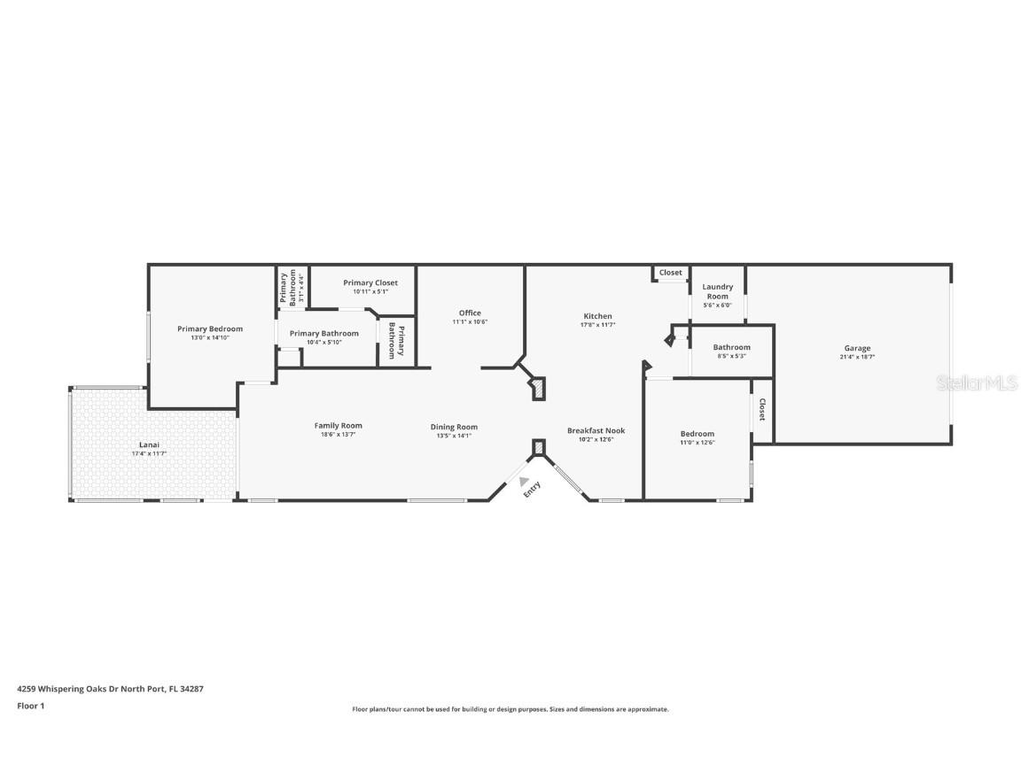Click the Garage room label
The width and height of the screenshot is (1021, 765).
click(x=856, y=348)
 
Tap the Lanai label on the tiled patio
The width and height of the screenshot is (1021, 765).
click(x=148, y=444)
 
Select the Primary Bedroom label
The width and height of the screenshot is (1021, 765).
click(x=209, y=328)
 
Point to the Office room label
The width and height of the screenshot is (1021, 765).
click(x=470, y=313)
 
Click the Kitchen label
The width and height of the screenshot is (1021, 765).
click(x=597, y=316)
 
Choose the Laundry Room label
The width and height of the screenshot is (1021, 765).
click(x=717, y=291)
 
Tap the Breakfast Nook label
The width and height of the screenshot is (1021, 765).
click(x=596, y=430)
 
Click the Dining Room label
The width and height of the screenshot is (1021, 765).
click(x=454, y=427)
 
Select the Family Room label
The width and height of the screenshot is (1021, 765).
click(x=338, y=425)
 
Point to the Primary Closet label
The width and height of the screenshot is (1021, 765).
click(x=370, y=282)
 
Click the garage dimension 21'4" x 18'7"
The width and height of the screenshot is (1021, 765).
click(x=856, y=358)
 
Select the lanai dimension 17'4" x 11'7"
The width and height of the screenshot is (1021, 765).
click(x=148, y=453)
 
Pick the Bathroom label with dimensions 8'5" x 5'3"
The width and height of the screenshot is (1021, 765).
click(x=731, y=347)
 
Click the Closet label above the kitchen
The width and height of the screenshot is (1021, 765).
click(x=671, y=273)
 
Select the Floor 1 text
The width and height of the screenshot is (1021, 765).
click(x=30, y=706)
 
